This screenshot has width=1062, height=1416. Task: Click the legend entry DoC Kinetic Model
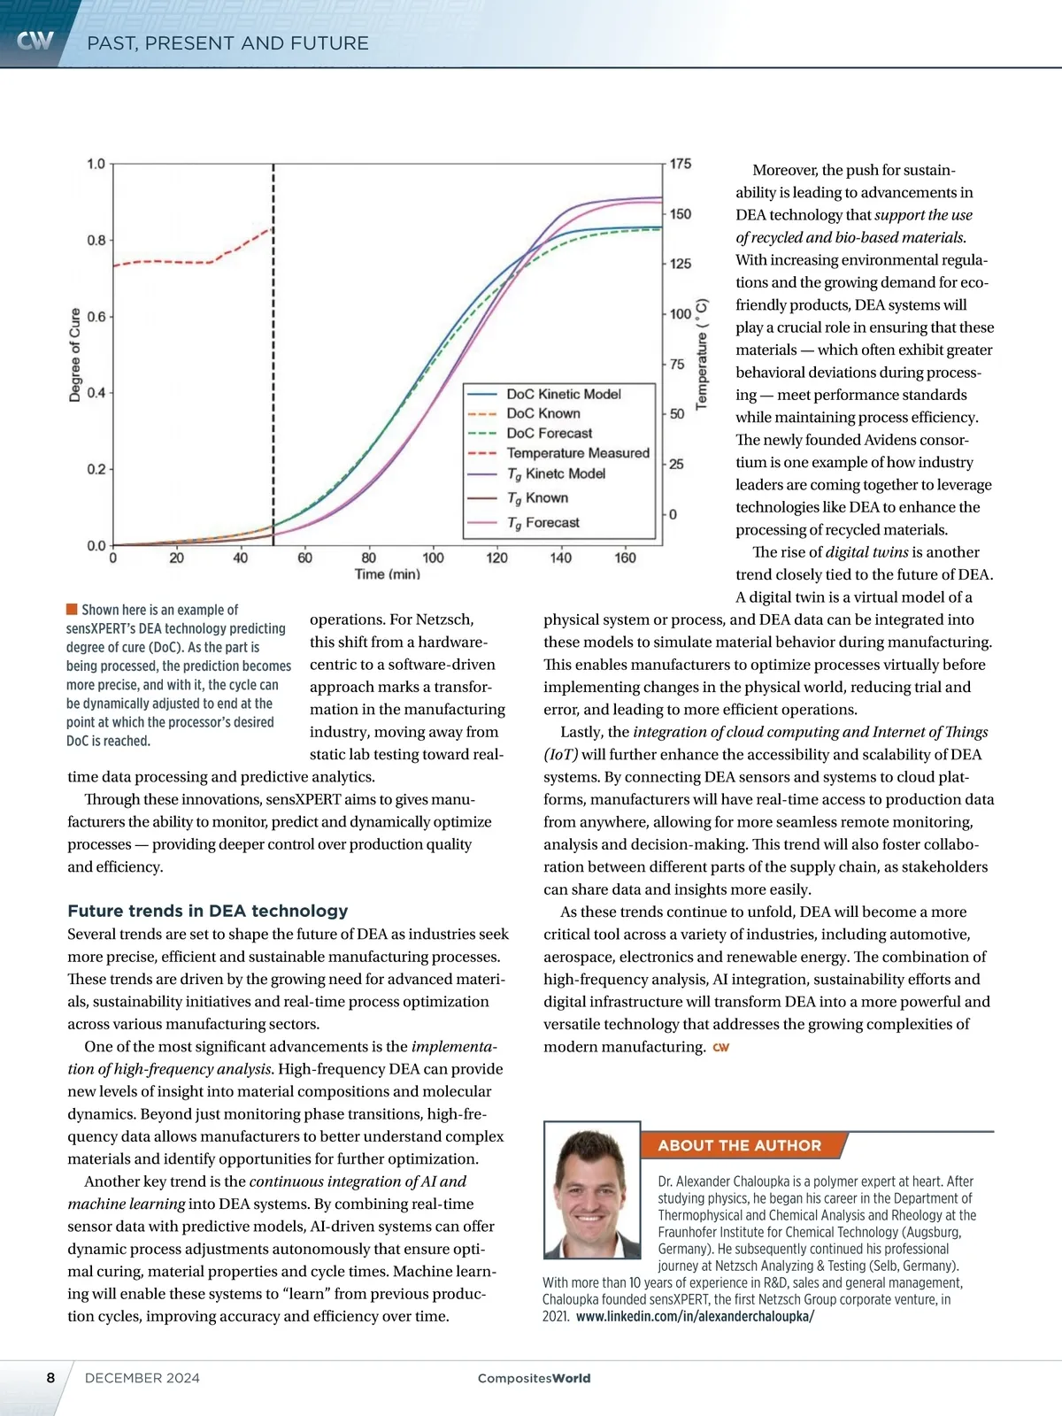563,394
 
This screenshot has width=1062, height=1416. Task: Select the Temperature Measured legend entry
577,453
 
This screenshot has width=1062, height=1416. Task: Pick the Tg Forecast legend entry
543,523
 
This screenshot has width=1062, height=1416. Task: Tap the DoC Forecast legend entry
549,434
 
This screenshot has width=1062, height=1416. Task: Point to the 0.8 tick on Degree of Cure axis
96,241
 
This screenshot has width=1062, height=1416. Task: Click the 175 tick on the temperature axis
681,165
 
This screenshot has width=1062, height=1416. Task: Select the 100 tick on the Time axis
433,558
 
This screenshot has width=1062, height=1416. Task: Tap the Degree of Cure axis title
75,355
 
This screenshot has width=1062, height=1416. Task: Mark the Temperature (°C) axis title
702,354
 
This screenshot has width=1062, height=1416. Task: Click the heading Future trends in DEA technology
208,911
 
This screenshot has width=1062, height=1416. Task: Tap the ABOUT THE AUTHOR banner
739,1145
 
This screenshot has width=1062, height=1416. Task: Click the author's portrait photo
592,1189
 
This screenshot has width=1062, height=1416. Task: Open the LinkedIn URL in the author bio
695,1316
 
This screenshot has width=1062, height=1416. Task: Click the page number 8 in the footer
50,1378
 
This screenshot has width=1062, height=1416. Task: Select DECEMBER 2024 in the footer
142,1378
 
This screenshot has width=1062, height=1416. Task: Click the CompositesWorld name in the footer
534,1378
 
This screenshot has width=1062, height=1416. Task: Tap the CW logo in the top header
35,41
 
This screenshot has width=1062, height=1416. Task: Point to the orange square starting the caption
72,609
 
